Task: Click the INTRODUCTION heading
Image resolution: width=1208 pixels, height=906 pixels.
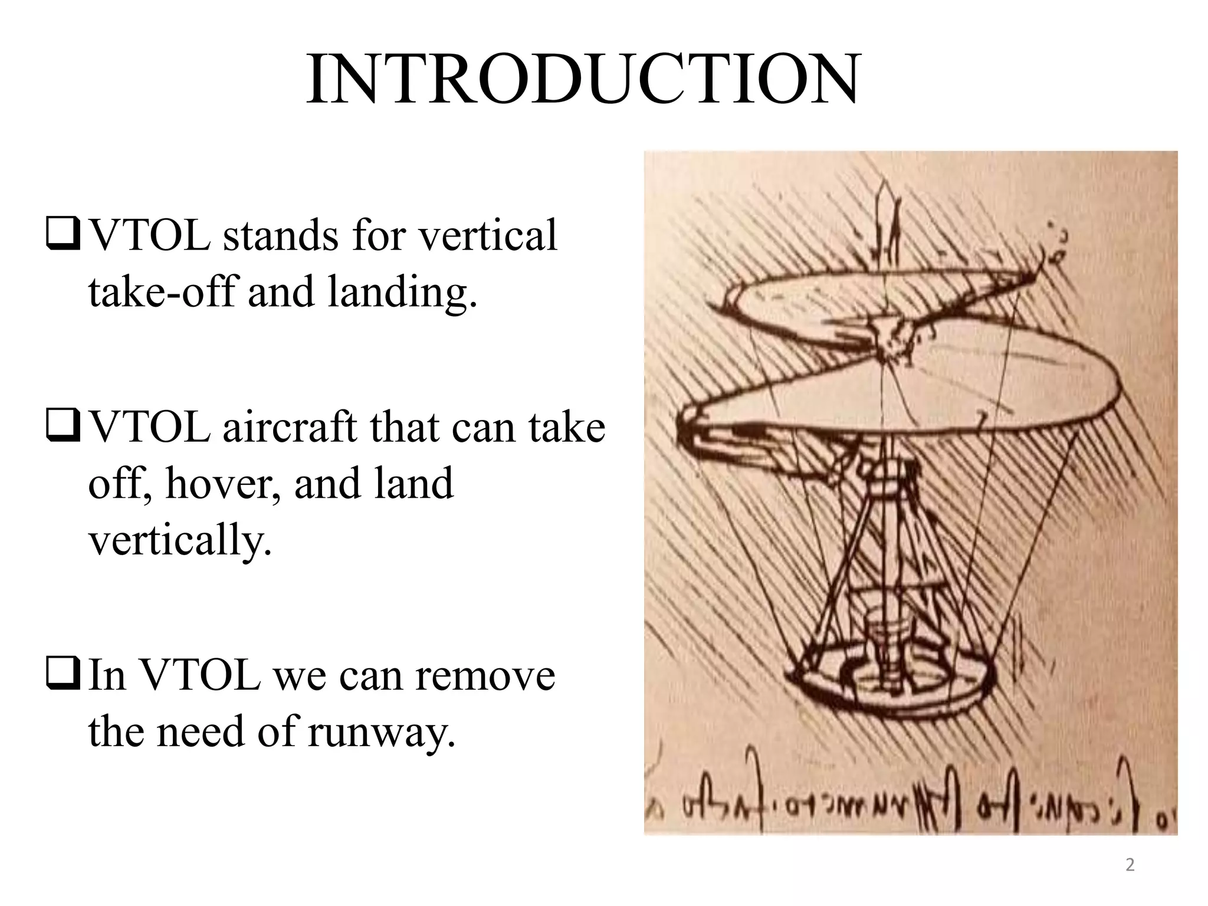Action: (583, 80)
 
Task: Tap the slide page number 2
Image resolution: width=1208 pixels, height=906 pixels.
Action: (1130, 865)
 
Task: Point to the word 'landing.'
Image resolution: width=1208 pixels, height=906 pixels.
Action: (402, 291)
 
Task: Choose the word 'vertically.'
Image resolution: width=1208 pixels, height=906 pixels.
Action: (180, 540)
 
